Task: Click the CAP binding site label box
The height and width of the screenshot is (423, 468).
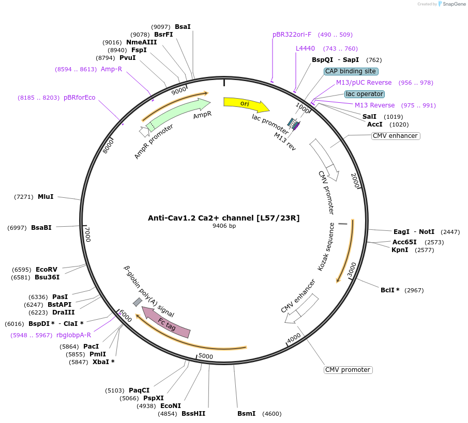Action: tap(351, 71)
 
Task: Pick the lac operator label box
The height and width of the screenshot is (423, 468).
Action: tap(365, 94)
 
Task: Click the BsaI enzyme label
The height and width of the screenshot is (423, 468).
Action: tap(183, 26)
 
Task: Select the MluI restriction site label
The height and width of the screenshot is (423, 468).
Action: tap(46, 197)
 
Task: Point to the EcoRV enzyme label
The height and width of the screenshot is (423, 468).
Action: tap(47, 270)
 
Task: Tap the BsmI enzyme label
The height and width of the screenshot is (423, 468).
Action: tap(246, 414)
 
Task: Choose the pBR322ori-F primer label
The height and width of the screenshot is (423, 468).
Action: tap(292, 35)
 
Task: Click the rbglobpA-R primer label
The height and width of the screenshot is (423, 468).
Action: tap(74, 335)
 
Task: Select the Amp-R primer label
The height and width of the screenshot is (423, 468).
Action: tap(111, 69)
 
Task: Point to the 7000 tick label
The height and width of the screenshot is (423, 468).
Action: tap(88, 234)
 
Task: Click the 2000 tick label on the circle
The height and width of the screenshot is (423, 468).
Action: tap(355, 181)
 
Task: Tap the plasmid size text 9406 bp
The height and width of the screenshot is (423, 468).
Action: tap(224, 226)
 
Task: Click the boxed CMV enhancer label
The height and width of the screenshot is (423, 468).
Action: tap(395, 136)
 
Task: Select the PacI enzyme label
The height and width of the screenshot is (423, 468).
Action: tap(90, 347)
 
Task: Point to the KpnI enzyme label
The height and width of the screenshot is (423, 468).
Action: tap(400, 250)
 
